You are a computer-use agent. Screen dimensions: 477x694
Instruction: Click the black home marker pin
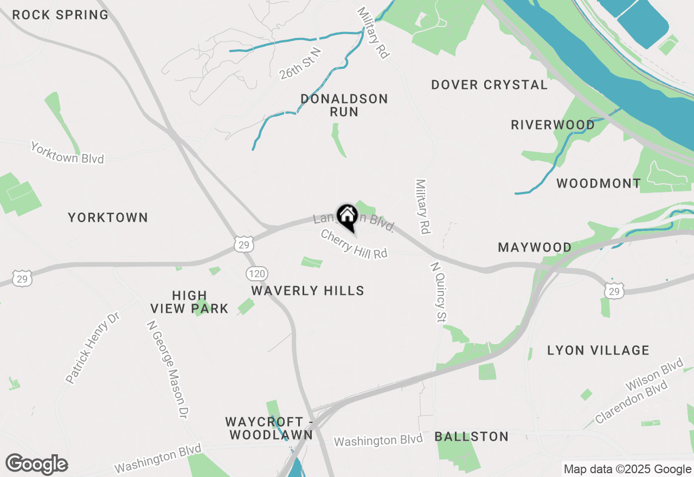(347, 216)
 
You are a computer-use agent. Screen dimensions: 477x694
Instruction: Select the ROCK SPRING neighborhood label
(60, 15)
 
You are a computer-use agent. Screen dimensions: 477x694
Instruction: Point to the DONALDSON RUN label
(344, 105)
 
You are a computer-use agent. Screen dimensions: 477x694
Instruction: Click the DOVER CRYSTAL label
(489, 85)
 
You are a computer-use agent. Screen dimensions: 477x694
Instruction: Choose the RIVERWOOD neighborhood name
(552, 125)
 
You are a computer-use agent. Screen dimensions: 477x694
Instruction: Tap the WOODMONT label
(599, 183)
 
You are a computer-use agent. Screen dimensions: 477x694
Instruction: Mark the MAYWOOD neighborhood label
(535, 248)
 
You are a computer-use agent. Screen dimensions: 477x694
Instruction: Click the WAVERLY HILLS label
(307, 291)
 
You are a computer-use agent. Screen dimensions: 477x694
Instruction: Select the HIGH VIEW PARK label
(189, 302)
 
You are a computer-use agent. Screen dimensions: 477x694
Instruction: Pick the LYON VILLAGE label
(598, 350)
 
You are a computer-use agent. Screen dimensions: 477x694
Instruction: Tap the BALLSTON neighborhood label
(471, 436)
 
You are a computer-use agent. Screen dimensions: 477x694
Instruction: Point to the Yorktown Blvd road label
(67, 153)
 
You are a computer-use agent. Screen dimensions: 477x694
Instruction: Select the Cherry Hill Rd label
(354, 244)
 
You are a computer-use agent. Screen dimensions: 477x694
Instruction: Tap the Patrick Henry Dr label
(92, 348)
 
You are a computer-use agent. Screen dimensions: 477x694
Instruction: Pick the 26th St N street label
(300, 64)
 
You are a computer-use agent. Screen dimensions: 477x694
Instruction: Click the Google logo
(36, 465)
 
